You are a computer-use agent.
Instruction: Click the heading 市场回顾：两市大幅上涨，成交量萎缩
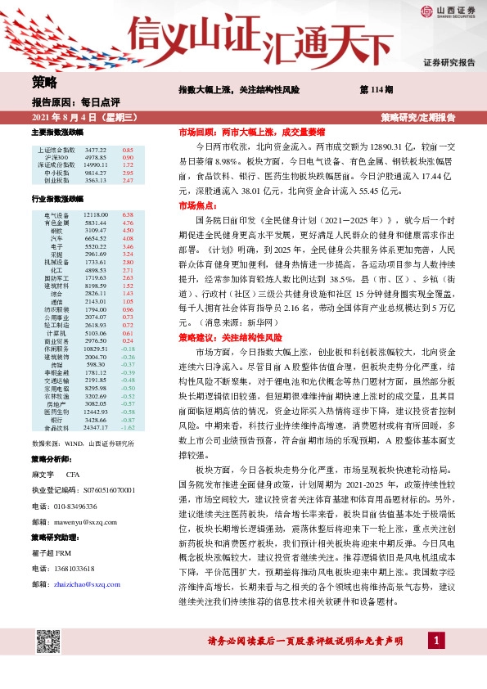click(x=251, y=131)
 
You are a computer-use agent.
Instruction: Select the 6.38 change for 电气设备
click(x=128, y=214)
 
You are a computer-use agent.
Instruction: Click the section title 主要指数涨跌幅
click(x=56, y=132)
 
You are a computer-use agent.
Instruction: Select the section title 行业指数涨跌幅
click(x=56, y=199)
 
